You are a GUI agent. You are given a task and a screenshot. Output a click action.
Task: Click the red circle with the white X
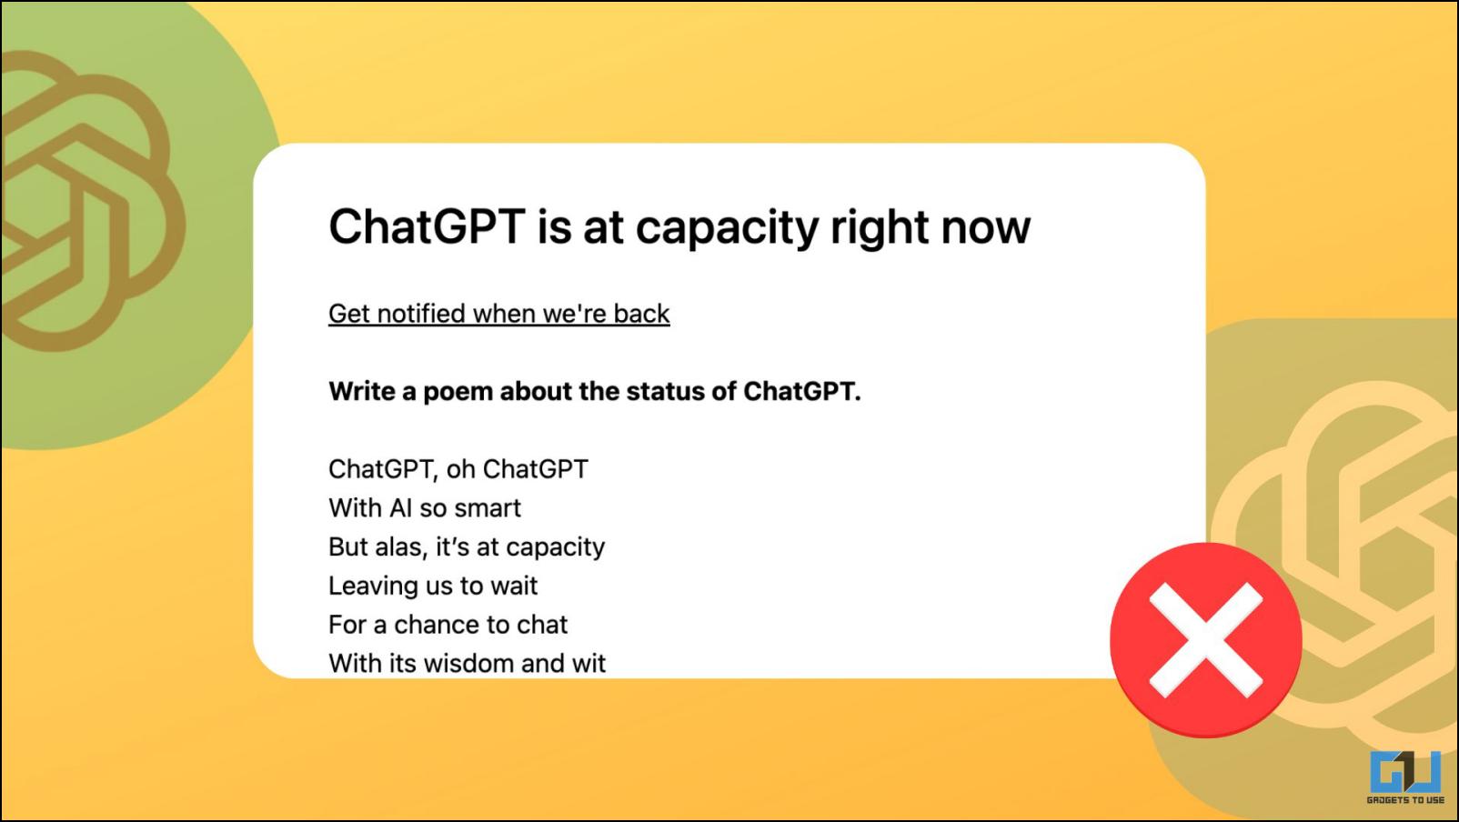1205,639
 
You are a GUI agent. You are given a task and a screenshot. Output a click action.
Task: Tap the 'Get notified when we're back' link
499,314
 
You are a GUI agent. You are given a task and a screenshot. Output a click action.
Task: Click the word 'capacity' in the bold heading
726,228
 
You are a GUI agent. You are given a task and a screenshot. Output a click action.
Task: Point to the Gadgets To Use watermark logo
1405,777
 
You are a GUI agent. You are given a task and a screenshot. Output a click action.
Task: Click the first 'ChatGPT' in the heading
427,226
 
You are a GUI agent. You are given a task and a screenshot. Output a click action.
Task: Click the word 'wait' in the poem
514,586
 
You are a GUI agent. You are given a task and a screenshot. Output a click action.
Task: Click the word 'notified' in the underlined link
422,314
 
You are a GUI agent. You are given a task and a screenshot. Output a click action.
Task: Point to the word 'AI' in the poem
401,508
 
